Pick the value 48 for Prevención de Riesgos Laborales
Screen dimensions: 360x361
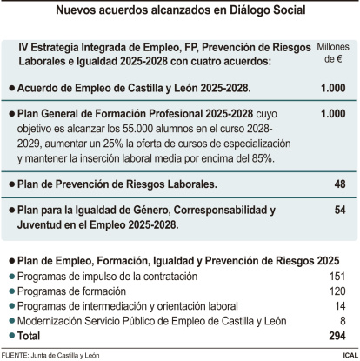click(339, 185)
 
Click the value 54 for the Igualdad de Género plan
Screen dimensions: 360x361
click(339, 211)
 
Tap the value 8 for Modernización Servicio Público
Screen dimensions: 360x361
click(343, 319)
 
